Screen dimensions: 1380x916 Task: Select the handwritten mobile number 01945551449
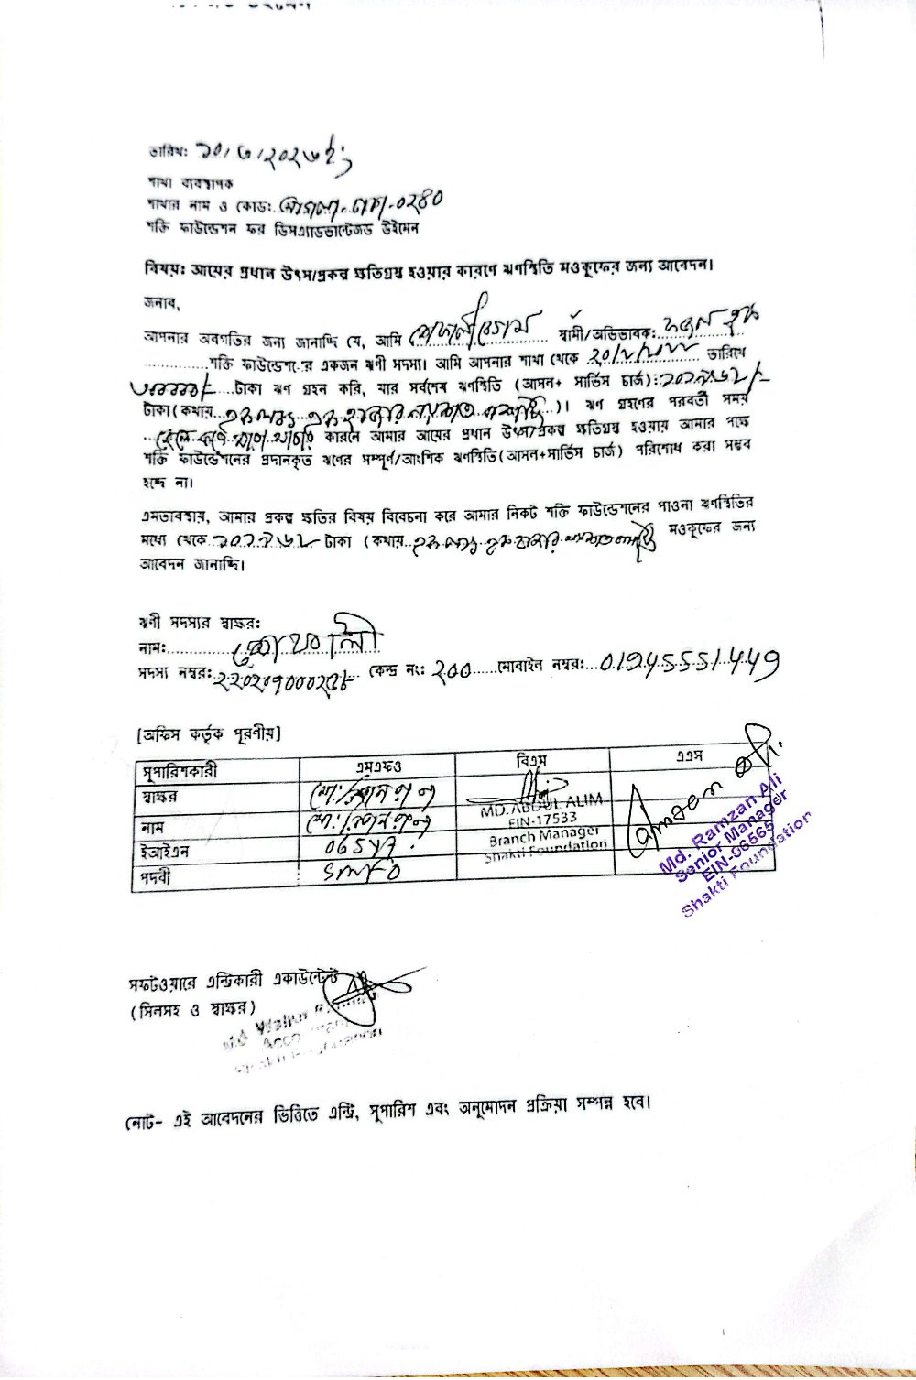[x=690, y=659]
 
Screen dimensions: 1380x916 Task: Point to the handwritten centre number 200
[x=451, y=670]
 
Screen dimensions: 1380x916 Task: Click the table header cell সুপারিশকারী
[x=180, y=771]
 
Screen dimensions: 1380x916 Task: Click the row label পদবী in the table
[x=158, y=876]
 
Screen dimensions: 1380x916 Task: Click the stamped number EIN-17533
[x=543, y=819]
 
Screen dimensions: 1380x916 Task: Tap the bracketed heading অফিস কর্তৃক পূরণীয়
[x=208, y=733]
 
